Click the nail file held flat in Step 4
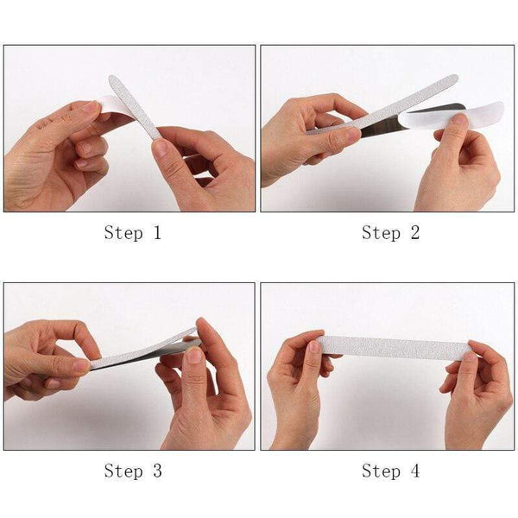[x=393, y=347]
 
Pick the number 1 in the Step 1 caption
[x=156, y=232]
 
